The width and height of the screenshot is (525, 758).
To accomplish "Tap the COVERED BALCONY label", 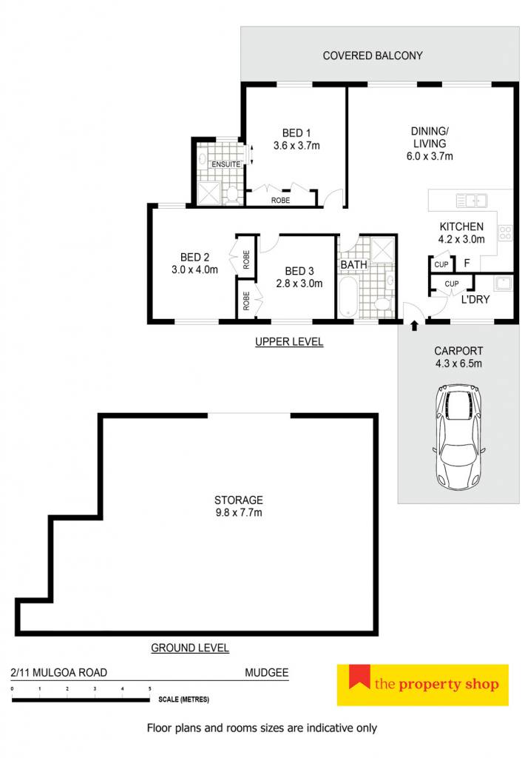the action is tap(373, 56).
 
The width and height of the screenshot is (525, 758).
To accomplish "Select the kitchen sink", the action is tap(471, 200).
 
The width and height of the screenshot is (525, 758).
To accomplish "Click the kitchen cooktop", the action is tap(505, 232).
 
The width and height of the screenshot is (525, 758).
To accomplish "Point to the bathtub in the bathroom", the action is tap(348, 296).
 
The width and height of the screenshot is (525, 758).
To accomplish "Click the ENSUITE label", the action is tap(226, 164).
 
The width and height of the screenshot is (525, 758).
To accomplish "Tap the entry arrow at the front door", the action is tap(414, 326).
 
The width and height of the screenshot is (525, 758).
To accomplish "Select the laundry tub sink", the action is tap(504, 283).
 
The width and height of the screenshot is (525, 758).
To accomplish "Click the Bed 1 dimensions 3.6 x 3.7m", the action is tap(296, 146).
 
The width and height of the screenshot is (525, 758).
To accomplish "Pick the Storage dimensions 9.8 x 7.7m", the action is tap(239, 512).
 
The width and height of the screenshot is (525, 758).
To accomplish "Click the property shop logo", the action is tap(423, 685).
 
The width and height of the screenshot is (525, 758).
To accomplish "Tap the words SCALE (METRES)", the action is tap(183, 699).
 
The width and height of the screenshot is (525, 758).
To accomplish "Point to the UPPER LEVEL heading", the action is tap(289, 342).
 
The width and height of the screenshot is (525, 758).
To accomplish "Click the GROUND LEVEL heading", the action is tap(190, 648).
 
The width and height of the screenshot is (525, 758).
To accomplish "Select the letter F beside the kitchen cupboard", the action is tap(467, 264).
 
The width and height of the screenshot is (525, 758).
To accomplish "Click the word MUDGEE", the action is tap(267, 672).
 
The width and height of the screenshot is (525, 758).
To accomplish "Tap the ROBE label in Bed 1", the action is tap(280, 200).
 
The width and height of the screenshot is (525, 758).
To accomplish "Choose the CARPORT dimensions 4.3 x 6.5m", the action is tap(458, 363).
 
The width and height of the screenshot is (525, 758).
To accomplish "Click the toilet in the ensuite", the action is tap(232, 195).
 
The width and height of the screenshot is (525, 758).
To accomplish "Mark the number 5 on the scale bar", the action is tap(149, 688).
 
